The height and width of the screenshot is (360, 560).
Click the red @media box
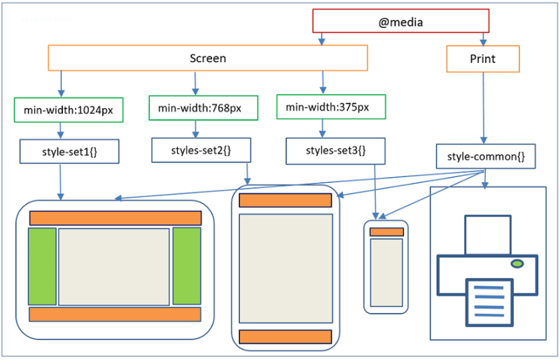(x=400, y=21)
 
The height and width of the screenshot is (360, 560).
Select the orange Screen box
(x=207, y=58)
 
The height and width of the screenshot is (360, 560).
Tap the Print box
(x=482, y=60)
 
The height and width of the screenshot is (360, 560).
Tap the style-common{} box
(x=486, y=156)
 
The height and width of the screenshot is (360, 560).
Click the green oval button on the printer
(x=517, y=263)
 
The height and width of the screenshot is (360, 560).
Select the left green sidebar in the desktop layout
(x=42, y=266)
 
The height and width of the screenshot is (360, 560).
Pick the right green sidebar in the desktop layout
(x=187, y=266)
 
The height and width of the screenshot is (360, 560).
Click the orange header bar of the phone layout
(x=386, y=232)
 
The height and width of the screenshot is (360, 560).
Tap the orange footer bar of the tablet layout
(x=285, y=336)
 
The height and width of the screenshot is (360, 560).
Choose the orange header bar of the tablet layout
(x=285, y=200)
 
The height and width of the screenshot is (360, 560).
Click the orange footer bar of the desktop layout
(x=115, y=314)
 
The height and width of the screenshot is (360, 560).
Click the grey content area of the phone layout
(x=386, y=271)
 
